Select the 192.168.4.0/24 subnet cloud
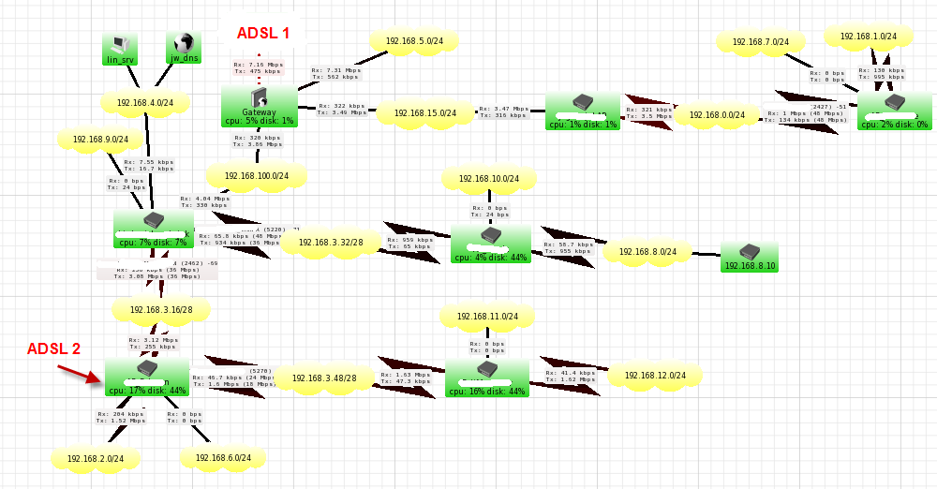tap(145, 102)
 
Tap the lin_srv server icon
tap(119, 45)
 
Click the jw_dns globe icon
tap(184, 45)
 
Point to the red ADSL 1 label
tap(263, 33)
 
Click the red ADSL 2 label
tap(53, 348)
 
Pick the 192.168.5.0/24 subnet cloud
tap(413, 41)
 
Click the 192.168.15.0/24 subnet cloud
tap(424, 112)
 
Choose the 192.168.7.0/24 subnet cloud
tap(760, 42)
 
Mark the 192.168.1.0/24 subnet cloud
tap(868, 37)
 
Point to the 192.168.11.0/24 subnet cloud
tap(488, 317)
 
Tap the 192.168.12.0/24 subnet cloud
tap(654, 376)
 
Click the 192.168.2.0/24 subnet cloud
tap(96, 458)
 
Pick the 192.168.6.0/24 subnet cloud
tap(222, 457)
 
